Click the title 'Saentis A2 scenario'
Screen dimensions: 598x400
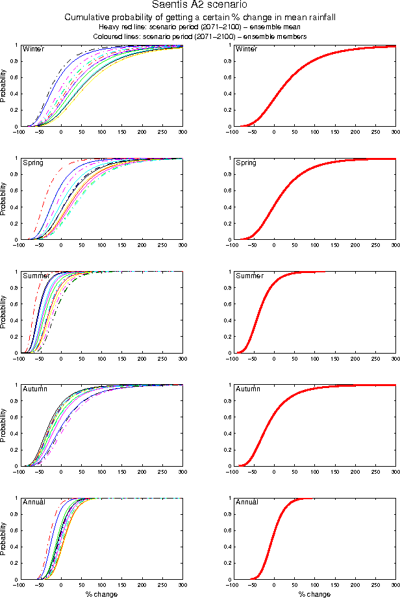click(x=200, y=6)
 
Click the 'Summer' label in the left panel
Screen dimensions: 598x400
click(x=35, y=276)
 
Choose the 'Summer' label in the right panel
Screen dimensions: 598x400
click(x=248, y=276)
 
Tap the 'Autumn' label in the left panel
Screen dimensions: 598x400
click(x=34, y=389)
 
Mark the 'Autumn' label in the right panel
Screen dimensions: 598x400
click(x=247, y=389)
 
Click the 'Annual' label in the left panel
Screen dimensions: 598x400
click(x=34, y=502)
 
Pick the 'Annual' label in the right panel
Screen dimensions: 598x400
click(x=247, y=502)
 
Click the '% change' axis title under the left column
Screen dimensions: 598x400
click(x=101, y=594)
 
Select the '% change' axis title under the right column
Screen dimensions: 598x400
click(x=314, y=594)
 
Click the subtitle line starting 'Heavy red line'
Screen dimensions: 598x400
click(x=200, y=27)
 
